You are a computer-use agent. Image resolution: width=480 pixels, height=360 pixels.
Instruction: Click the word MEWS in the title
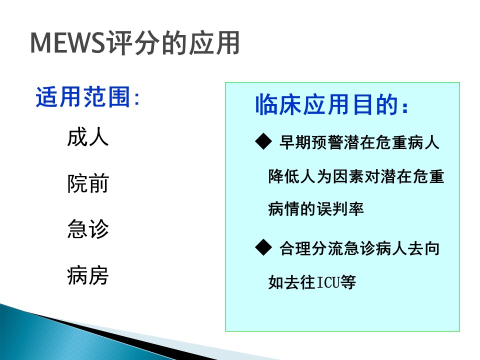(67, 43)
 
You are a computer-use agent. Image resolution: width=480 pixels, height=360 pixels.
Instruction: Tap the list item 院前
(88, 183)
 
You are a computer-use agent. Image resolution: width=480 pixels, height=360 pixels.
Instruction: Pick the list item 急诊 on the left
(88, 229)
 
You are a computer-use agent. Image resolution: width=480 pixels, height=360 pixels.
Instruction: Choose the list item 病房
(88, 275)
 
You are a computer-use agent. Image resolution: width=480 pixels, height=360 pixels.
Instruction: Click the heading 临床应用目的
(326, 104)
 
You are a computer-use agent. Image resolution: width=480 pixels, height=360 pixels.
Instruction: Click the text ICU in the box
(327, 282)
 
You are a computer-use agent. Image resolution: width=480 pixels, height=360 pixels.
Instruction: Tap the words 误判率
(340, 209)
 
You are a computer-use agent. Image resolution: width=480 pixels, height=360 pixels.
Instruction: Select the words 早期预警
(311, 142)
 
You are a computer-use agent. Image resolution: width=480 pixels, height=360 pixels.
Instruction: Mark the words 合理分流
(311, 248)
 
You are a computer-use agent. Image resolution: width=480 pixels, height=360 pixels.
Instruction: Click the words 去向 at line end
(423, 248)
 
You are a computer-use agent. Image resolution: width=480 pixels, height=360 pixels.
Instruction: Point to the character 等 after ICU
(347, 282)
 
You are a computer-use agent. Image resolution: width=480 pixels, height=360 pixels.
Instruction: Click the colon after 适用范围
(136, 98)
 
